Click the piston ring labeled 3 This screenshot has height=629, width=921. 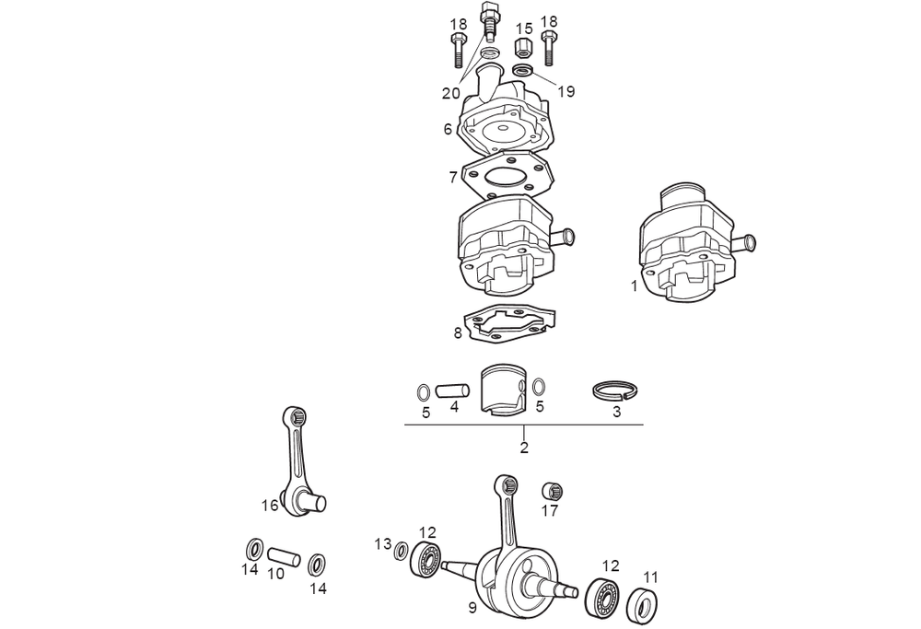click(615, 390)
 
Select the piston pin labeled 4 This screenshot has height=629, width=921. click(453, 390)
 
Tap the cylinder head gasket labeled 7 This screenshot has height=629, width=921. click(508, 171)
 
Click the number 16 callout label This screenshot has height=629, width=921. click(270, 505)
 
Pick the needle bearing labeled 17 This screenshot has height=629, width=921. click(552, 491)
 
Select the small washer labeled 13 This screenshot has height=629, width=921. click(402, 551)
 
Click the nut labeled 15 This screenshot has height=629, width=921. click(524, 47)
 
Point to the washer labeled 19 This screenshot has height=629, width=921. click(523, 71)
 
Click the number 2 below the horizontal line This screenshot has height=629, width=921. click(524, 448)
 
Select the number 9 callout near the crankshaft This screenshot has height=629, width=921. click(472, 608)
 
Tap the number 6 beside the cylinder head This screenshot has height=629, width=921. click(448, 129)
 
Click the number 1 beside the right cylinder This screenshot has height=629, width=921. click(634, 286)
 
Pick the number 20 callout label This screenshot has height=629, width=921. click(450, 93)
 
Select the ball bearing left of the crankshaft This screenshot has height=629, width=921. click(426, 558)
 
